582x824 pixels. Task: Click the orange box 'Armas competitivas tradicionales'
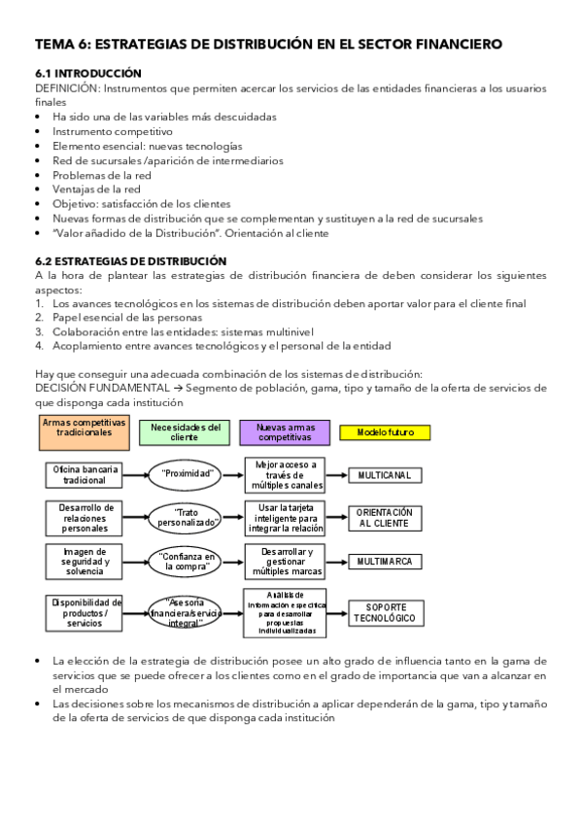pos(85,431)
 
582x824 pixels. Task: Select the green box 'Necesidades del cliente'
pos(184,431)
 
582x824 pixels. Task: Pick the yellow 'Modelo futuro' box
pos(385,431)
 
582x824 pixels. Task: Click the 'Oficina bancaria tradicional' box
pos(85,474)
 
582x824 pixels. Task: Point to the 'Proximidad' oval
pos(188,474)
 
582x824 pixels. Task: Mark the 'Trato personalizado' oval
pos(188,517)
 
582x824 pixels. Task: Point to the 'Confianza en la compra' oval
pos(188,562)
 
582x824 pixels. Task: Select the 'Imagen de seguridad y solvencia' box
pos(85,561)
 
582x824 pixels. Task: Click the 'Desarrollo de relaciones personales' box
pos(85,517)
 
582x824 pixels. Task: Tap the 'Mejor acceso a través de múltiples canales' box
pos(285,474)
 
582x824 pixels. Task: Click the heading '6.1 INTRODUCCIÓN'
pos(88,74)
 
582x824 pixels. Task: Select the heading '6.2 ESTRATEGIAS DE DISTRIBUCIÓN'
pos(130,261)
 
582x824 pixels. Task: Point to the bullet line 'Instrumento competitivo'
pos(113,130)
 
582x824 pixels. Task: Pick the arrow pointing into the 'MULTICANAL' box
pos(337,474)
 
